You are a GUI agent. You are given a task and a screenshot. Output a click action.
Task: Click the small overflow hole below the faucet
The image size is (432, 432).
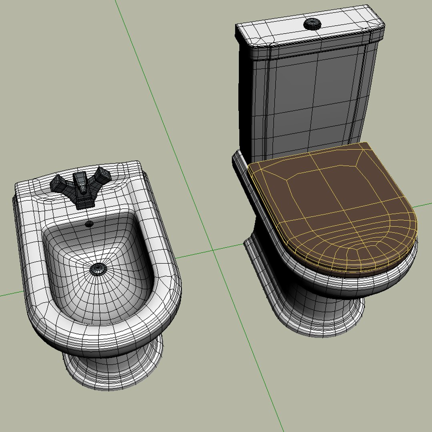point(89,224)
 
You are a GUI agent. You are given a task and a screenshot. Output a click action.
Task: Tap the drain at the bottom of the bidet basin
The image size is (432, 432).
point(97,269)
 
